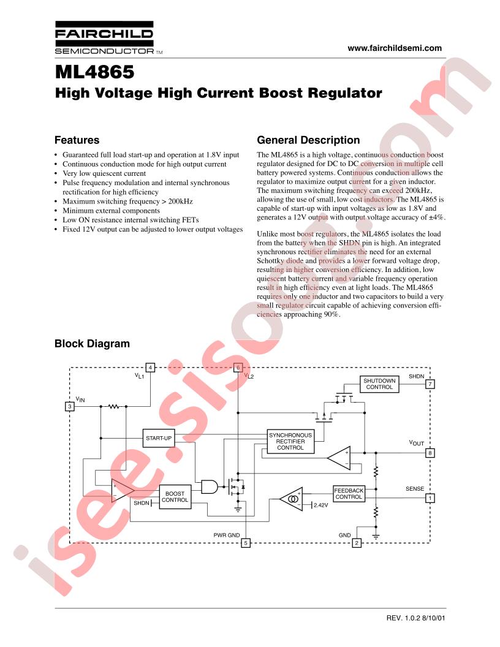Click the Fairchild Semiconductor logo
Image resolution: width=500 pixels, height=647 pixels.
point(104,37)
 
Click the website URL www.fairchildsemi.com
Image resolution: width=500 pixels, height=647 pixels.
point(395,48)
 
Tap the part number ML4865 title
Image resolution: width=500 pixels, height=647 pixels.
point(94,72)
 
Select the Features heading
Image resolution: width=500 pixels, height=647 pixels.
point(77,140)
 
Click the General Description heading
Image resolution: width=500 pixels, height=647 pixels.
point(308,140)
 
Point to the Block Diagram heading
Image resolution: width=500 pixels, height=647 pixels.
point(92,344)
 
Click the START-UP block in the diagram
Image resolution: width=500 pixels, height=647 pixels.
point(159,438)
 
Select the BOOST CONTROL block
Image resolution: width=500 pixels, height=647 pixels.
point(175,497)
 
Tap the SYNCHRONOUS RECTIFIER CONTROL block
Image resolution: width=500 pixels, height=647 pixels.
point(290,442)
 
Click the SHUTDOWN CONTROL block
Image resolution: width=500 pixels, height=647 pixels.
point(379,384)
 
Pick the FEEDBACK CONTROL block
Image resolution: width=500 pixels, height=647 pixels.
point(349,494)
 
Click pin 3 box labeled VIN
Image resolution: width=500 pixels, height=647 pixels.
point(70,406)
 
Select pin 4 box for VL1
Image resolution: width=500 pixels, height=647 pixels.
point(151,367)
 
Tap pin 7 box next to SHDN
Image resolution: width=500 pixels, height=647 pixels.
point(430,384)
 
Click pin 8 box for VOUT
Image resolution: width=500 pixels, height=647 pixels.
point(430,453)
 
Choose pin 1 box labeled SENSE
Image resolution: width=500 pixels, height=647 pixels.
point(430,498)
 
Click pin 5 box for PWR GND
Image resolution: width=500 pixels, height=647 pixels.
point(246,543)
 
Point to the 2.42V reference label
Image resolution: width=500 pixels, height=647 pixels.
point(320,505)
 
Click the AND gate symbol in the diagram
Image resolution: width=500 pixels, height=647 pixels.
point(210,487)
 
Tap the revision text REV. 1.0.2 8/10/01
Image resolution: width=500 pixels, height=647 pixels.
point(416,618)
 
